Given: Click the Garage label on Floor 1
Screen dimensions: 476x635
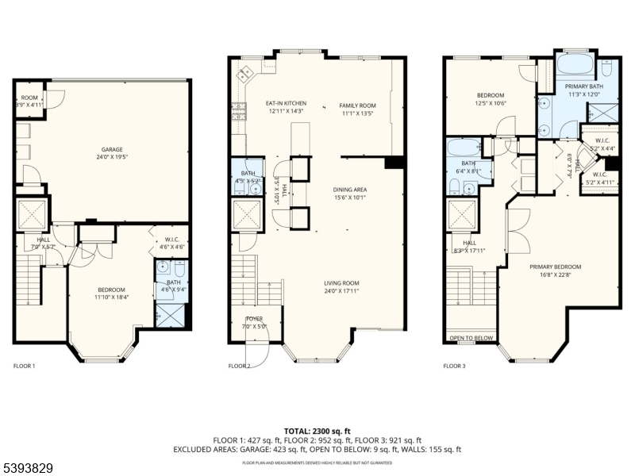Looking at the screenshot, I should (x=111, y=149).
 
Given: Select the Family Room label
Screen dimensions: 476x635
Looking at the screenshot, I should (x=357, y=105).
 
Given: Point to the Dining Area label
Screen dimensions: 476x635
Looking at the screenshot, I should (x=349, y=189).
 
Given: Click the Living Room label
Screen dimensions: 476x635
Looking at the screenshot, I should (x=341, y=283).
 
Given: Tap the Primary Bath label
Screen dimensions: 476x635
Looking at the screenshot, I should (x=582, y=85).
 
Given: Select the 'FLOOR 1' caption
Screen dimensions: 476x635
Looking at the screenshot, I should (x=24, y=366).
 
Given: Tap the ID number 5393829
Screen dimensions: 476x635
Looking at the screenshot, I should (x=28, y=469).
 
